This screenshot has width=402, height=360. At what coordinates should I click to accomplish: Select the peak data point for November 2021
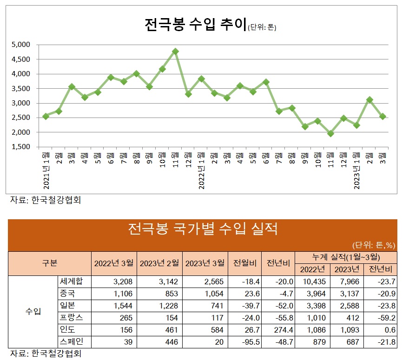[x=175, y=52]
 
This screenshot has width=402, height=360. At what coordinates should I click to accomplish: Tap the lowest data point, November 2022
[x=330, y=134]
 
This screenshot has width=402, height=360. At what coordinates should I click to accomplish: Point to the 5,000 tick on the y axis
[x=20, y=45]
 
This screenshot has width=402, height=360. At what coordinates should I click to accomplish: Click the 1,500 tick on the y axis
[x=20, y=147]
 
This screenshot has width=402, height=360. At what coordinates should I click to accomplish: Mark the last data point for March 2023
[x=382, y=117]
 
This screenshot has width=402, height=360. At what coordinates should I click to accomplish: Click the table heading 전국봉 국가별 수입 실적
[x=202, y=229]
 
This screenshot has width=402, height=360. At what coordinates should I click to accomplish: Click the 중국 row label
[x=67, y=294]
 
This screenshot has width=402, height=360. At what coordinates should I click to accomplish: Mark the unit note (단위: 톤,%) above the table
[x=373, y=245]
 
